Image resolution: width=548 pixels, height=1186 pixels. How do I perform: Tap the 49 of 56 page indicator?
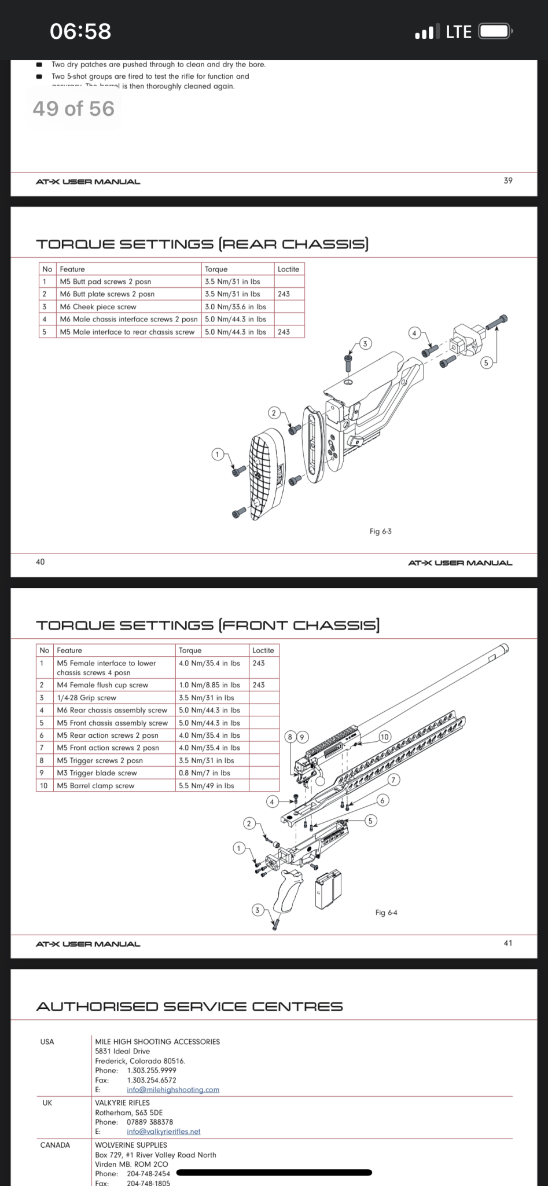pyautogui.click(x=73, y=109)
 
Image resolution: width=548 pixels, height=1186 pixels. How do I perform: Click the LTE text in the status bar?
pyautogui.click(x=458, y=32)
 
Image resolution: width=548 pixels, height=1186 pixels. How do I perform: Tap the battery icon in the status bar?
pyautogui.click(x=494, y=31)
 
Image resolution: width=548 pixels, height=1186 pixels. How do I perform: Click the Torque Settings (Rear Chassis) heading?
pyautogui.click(x=203, y=244)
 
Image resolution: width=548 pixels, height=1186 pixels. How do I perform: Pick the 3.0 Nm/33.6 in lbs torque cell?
pyautogui.click(x=236, y=307)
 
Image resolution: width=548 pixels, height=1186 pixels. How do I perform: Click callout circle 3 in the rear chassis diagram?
pyautogui.click(x=365, y=344)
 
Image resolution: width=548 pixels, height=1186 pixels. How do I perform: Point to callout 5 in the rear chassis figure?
pyautogui.click(x=486, y=363)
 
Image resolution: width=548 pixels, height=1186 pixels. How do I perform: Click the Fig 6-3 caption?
pyautogui.click(x=380, y=531)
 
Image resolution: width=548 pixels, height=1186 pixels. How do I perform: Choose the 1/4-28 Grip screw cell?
pyautogui.click(x=87, y=698)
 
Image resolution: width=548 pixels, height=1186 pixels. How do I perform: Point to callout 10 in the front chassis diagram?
pyautogui.click(x=385, y=737)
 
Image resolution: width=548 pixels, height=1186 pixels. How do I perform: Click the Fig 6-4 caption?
pyautogui.click(x=386, y=913)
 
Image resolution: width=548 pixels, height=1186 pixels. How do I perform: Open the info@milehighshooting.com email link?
pyautogui.click(x=173, y=1090)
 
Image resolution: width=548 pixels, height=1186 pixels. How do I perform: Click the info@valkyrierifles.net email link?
pyautogui.click(x=163, y=1132)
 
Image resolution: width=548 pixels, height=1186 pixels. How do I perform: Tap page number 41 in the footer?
pyautogui.click(x=507, y=943)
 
